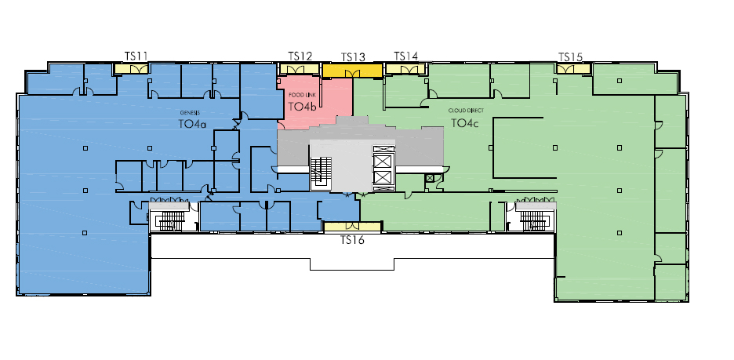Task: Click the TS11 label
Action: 136,56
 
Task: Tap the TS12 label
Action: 300,56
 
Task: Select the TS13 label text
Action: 353,57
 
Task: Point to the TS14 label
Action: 406,56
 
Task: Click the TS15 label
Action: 571,57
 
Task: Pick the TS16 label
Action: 352,240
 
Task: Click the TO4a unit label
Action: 192,124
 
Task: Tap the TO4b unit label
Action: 303,107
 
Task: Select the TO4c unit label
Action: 465,123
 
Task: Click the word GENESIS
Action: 190,113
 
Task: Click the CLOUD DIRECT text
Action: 467,111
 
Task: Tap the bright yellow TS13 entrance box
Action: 352,71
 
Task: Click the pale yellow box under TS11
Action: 132,69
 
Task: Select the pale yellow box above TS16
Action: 352,227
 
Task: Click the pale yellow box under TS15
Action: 573,69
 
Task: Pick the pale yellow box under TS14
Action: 405,69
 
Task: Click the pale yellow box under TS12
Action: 300,69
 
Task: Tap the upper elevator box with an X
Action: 383,161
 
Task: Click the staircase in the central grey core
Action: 322,173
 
